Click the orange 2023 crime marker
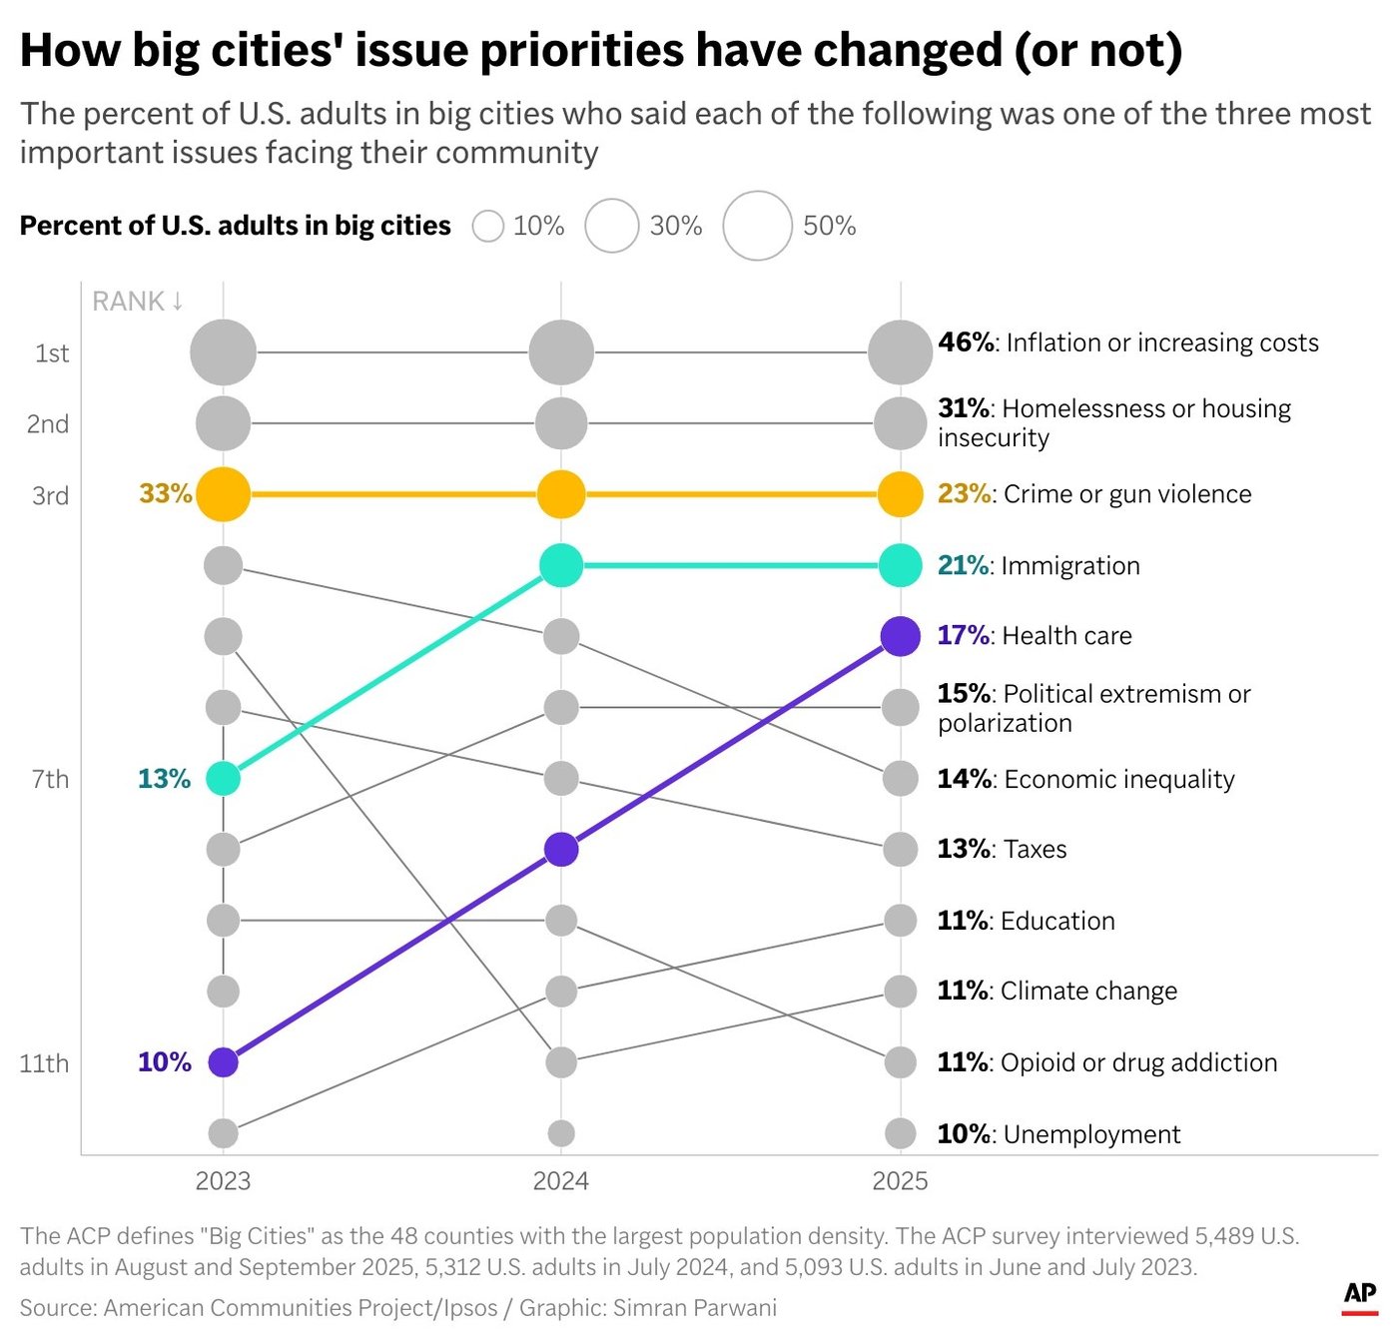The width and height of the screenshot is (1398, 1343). (x=223, y=494)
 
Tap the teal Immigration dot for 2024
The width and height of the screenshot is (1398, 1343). (x=561, y=566)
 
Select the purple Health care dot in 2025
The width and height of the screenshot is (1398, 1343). (x=900, y=636)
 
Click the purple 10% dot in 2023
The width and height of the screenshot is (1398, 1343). (x=223, y=1062)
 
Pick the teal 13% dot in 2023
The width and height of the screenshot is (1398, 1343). (x=223, y=778)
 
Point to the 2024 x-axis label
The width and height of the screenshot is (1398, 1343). (x=560, y=1181)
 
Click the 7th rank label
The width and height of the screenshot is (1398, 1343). (x=50, y=779)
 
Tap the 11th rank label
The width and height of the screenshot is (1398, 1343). (x=44, y=1063)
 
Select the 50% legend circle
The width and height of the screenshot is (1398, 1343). (x=757, y=226)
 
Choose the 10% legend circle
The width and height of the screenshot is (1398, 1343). (x=487, y=226)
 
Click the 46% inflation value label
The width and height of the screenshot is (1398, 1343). (x=966, y=342)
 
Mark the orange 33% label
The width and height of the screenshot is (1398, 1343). (x=165, y=493)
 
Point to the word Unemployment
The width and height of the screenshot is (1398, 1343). (x=1091, y=1134)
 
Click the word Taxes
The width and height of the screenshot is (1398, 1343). (x=1035, y=849)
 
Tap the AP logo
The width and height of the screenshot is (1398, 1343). (x=1359, y=1295)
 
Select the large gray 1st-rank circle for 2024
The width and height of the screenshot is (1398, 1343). (x=561, y=352)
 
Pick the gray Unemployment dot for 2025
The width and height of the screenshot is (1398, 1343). (x=900, y=1133)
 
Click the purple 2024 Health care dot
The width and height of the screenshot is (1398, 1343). (x=561, y=850)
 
